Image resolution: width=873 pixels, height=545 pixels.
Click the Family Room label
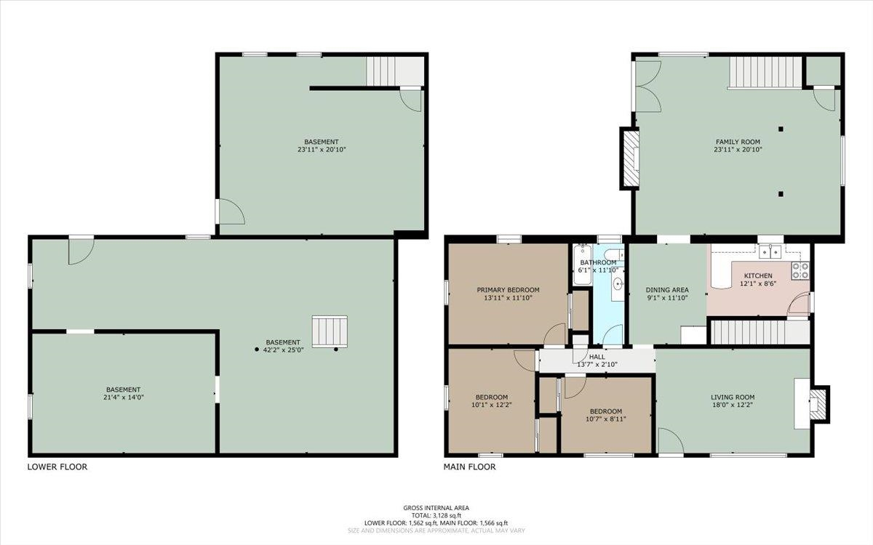point(738,142)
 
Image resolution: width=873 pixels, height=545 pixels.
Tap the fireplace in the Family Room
point(630,158)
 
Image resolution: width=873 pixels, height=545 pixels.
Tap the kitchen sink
point(770,252)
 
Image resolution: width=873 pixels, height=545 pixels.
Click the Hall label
point(597,357)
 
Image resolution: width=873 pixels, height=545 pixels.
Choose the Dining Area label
point(667,290)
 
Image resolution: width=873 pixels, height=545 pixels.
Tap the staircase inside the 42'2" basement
point(330,332)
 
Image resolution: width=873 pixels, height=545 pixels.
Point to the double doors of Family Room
point(647,86)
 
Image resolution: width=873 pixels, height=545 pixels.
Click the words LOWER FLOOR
point(57,467)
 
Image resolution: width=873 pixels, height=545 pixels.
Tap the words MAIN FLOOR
point(470,467)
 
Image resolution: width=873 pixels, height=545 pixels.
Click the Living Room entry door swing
point(670,441)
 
